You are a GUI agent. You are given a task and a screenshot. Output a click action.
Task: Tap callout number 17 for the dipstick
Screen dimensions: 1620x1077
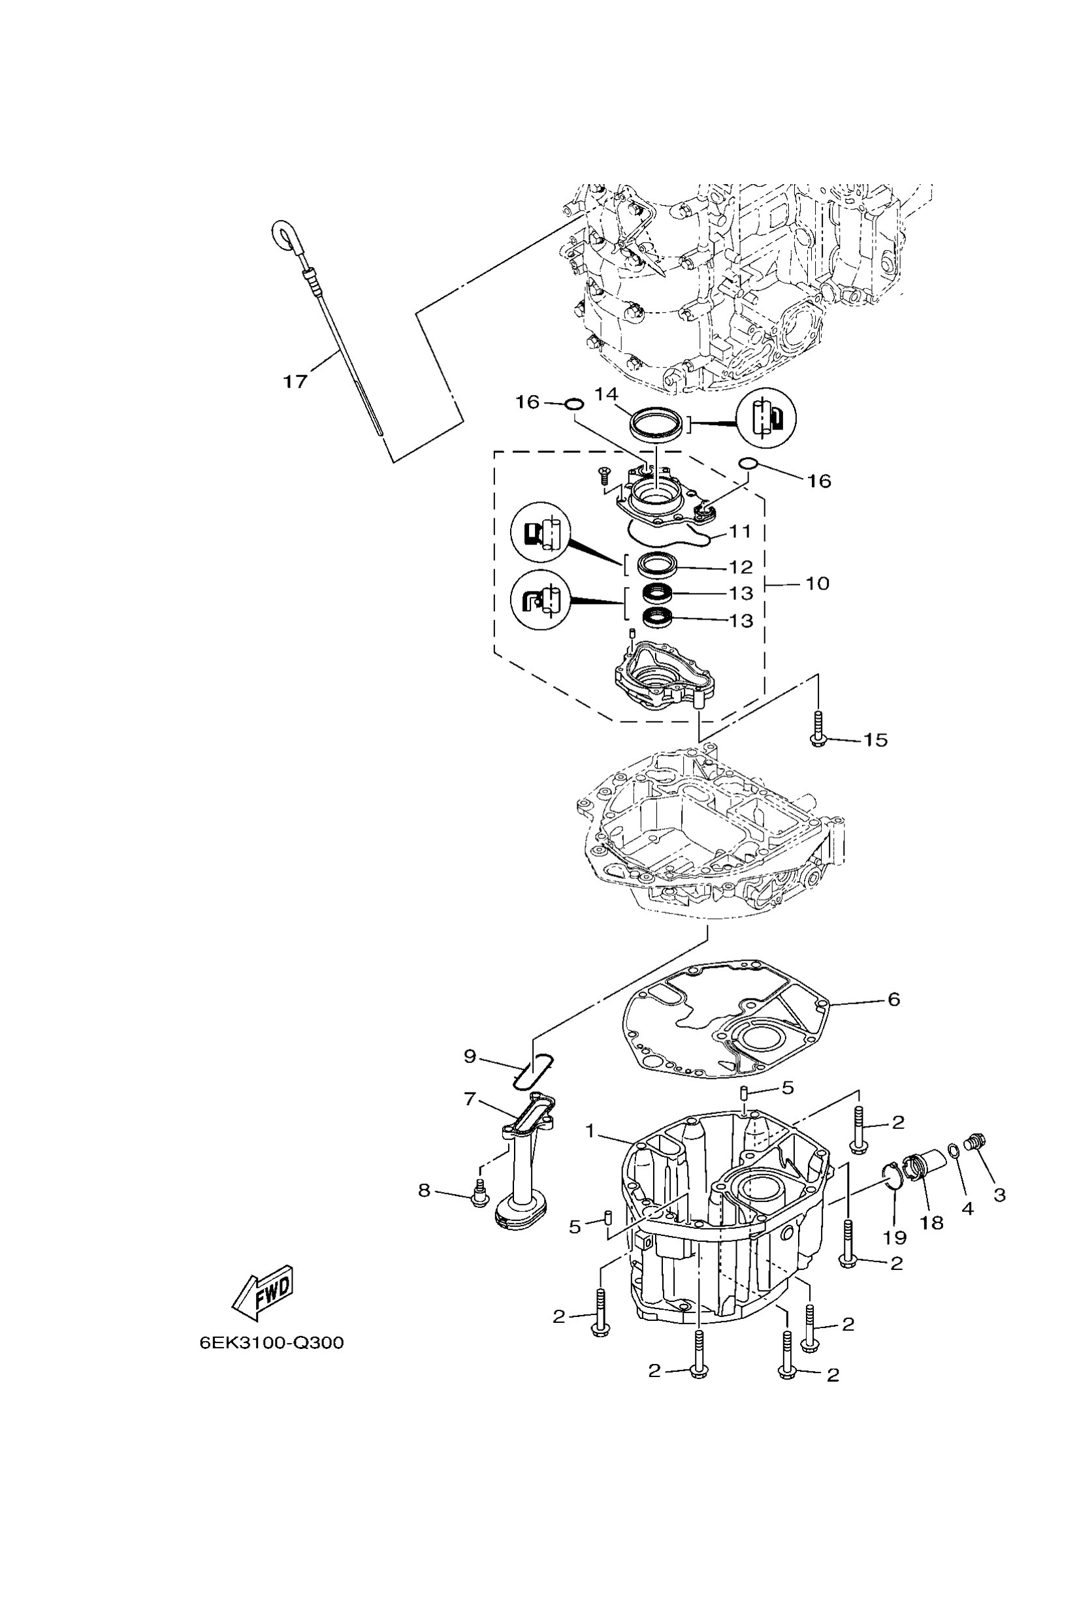click(x=295, y=381)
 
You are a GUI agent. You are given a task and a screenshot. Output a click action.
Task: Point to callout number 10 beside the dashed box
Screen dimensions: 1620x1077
click(x=817, y=584)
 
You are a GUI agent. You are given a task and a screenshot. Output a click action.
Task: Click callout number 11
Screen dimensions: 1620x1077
click(x=740, y=532)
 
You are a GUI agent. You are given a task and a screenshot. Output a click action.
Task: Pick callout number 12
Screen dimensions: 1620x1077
click(x=741, y=567)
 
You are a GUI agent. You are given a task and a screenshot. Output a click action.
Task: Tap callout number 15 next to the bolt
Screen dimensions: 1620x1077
click(x=875, y=740)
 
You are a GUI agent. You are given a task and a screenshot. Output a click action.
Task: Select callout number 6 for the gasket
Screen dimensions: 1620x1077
click(x=893, y=1000)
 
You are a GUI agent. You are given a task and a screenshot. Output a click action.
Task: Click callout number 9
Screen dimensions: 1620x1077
click(x=470, y=1056)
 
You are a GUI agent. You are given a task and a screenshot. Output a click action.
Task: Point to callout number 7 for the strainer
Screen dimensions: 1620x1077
click(x=470, y=1100)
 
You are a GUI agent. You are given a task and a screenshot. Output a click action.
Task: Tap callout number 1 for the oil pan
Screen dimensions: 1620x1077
click(x=589, y=1130)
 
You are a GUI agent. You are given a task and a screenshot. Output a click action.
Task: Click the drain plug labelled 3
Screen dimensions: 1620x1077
click(x=974, y=1142)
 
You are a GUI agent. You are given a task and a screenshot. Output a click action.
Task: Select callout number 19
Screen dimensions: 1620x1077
click(x=895, y=1237)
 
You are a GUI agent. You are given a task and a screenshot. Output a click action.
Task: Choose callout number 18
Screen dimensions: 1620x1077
click(x=932, y=1222)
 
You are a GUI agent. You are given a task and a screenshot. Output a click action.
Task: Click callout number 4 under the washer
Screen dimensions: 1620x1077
click(x=968, y=1208)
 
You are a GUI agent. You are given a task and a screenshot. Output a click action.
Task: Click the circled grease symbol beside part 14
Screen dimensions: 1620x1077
click(x=766, y=420)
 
